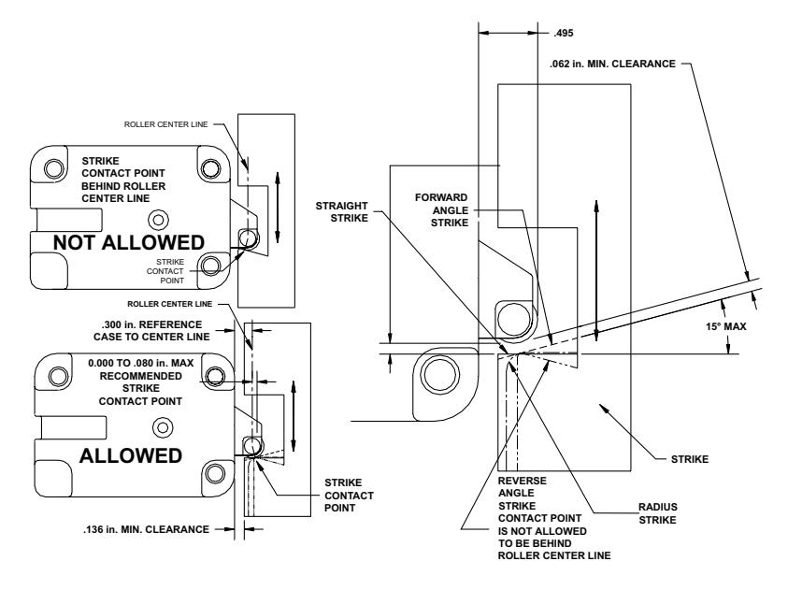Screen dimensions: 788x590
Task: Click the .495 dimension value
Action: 564,33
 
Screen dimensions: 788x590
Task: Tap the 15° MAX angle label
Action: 725,326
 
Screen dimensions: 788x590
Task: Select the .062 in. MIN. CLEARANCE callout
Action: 612,64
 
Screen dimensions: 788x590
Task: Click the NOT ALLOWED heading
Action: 129,243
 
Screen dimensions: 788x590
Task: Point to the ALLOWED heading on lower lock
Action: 131,455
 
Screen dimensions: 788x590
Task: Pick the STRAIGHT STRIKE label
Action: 342,212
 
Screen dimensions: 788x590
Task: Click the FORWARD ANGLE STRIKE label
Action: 441,210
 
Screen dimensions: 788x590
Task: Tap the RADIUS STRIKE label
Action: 658,513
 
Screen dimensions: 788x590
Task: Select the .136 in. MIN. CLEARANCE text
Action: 146,529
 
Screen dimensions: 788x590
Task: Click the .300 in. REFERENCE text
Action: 151,324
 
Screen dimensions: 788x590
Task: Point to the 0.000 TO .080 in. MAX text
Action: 141,363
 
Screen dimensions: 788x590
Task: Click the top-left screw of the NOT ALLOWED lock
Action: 54,168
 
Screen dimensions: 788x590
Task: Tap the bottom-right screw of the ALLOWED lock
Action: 215,473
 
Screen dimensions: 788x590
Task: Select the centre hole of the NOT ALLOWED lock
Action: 159,220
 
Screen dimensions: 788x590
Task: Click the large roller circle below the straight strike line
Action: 440,374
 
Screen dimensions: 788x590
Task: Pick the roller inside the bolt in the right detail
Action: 513,319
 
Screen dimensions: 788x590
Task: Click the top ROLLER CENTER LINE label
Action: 165,124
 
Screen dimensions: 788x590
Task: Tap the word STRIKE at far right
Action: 690,459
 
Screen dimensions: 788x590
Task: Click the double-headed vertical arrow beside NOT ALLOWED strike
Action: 277,207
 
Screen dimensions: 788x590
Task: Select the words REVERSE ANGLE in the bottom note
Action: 523,487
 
